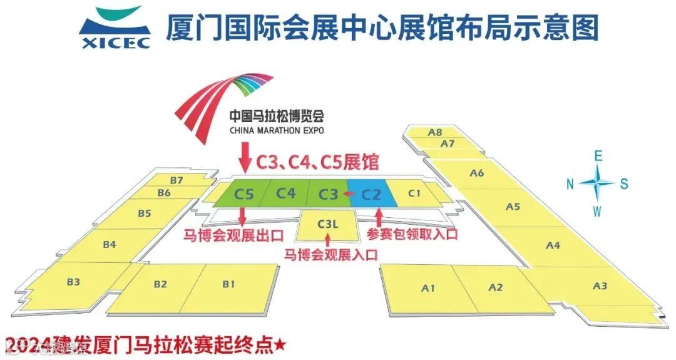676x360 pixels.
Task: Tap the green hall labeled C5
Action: (244, 194)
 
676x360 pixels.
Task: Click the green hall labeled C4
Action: (286, 193)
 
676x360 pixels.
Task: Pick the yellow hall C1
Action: (414, 193)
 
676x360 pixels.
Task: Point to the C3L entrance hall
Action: (327, 224)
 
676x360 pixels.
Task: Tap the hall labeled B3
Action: (73, 282)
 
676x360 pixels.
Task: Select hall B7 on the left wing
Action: (177, 180)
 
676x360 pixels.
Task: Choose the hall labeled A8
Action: (436, 132)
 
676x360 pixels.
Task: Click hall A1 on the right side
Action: (428, 288)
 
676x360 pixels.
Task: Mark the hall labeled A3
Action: (600, 286)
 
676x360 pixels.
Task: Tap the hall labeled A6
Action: (478, 172)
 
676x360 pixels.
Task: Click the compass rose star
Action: (597, 183)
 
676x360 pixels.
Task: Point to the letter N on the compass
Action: (570, 183)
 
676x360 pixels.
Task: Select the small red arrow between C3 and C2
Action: (346, 194)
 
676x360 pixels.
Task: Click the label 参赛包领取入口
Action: (412, 235)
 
